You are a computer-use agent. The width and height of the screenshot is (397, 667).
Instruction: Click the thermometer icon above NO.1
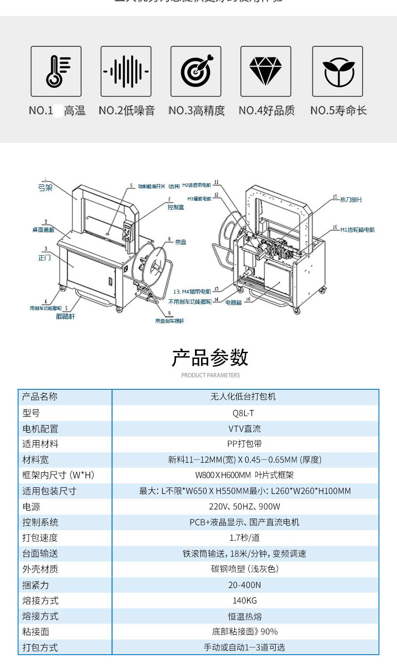56,71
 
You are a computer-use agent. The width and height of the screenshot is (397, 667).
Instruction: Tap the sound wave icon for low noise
126,71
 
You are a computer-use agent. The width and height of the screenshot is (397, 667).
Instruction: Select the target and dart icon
196,71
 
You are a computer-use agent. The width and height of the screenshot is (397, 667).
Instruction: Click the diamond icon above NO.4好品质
266,71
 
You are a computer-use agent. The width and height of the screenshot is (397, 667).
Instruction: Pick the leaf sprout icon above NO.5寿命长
337,71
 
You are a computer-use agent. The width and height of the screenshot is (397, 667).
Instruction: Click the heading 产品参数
210,358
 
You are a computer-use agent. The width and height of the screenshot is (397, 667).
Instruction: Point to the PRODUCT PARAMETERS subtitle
210,375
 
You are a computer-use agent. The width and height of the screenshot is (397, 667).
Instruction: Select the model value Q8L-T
243,413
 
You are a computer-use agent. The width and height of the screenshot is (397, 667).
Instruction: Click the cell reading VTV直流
244,429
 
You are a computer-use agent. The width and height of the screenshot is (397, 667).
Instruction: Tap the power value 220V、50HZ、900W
244,507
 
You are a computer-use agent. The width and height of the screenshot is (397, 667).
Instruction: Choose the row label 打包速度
40,538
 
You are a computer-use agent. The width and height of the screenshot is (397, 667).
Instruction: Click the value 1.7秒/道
244,538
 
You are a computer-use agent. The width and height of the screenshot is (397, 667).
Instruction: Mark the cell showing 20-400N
244,585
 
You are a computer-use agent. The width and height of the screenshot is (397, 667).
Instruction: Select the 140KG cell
244,600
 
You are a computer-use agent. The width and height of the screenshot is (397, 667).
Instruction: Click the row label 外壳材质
40,569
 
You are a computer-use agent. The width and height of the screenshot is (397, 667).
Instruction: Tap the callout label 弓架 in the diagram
45,188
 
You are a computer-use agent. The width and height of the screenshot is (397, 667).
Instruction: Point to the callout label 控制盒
176,207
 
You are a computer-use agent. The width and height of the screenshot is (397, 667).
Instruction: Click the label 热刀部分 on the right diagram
351,200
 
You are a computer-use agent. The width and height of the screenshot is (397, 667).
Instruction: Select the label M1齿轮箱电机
357,230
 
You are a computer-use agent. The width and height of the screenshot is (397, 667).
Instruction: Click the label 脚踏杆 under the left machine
65,317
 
